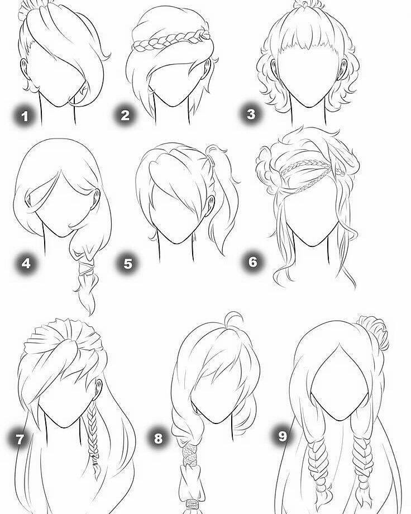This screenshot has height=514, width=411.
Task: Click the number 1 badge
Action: tap(25, 116)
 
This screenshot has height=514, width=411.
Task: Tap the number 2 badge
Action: tap(125, 115)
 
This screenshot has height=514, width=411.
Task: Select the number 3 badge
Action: tap(251, 114)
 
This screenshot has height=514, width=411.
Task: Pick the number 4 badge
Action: tap(26, 263)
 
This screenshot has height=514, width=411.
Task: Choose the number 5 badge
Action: tap(128, 263)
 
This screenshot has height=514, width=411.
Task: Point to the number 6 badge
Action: tap(253, 261)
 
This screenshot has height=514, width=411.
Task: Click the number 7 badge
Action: tap(20, 439)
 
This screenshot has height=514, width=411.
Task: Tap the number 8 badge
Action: tap(158, 437)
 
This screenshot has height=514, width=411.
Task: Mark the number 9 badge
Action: tap(282, 436)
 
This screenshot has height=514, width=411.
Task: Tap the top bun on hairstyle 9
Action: tap(374, 331)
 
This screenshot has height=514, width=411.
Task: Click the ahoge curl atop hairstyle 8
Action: tap(233, 318)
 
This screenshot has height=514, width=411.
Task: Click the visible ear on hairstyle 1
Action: tap(24, 68)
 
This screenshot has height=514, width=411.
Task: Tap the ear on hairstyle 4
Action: tap(96, 198)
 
